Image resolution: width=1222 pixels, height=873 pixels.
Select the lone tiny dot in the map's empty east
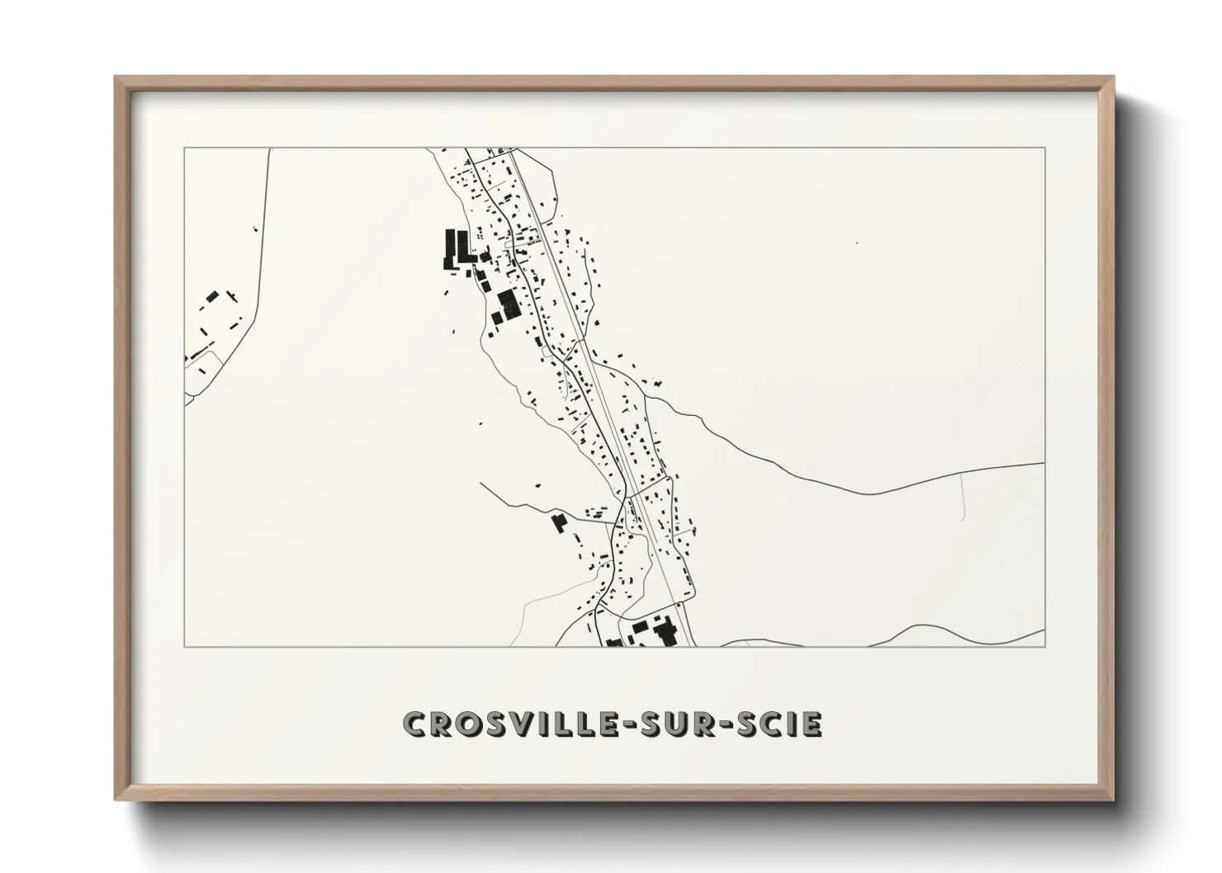pyautogui.click(x=857, y=243)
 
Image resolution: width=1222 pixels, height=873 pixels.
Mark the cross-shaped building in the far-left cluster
pyautogui.click(x=234, y=295)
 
